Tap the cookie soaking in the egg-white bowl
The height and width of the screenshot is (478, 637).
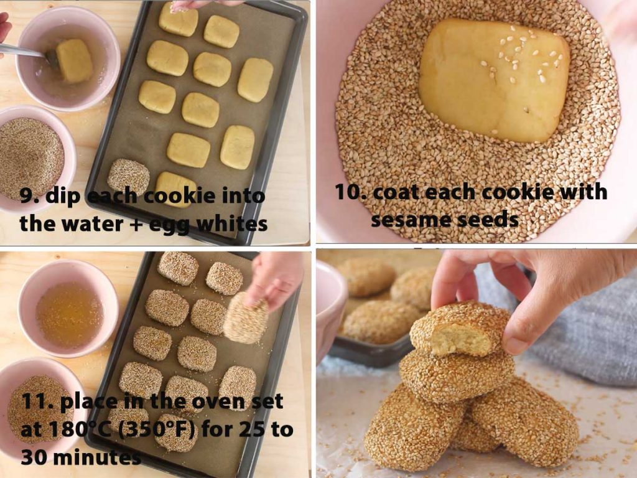[x=75, y=60]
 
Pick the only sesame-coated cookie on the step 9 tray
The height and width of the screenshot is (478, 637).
[x=128, y=177]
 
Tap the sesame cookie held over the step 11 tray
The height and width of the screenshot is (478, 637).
[x=245, y=317]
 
